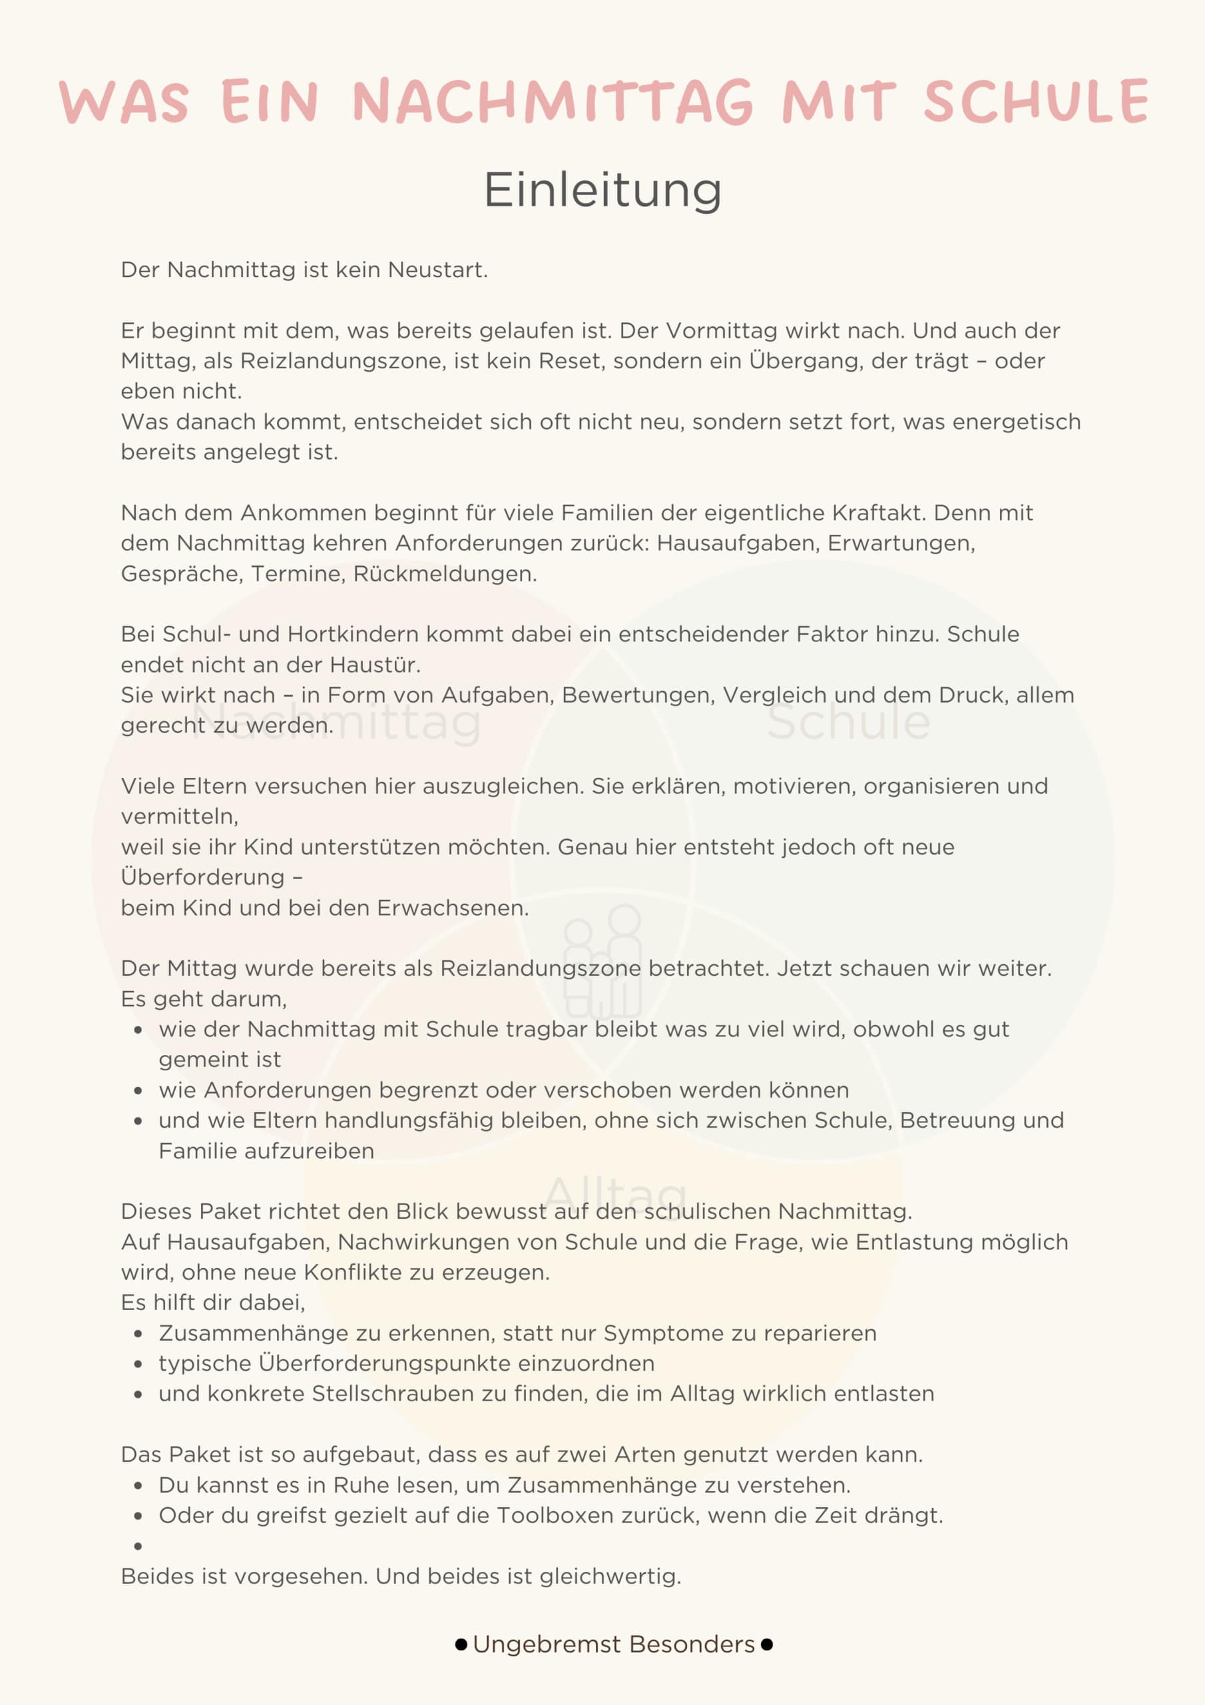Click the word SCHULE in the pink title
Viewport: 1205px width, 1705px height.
coord(1036,101)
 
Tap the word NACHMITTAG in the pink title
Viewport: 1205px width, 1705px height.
coord(553,101)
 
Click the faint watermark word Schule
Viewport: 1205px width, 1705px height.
coord(848,722)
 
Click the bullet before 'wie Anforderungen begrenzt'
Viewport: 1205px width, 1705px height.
coord(138,1091)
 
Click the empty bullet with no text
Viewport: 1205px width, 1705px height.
coord(138,1546)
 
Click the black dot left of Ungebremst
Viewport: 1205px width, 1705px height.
coord(461,1645)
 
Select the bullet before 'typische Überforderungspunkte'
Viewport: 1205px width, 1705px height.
coord(138,1364)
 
